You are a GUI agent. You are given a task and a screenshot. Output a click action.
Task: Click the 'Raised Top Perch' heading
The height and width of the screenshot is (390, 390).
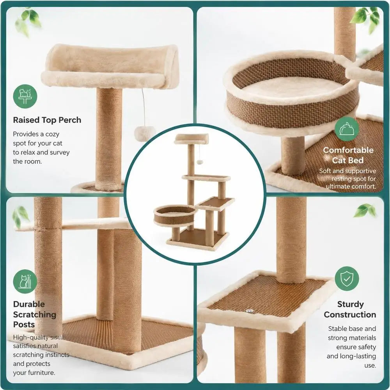click(47, 120)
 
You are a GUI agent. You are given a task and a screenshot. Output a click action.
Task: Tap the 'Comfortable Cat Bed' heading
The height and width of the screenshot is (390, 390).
click(348, 155)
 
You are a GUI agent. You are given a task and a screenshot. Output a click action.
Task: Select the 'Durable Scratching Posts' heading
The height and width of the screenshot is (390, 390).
click(35, 314)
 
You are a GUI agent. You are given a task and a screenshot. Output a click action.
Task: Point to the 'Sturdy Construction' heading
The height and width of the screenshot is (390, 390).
click(350, 309)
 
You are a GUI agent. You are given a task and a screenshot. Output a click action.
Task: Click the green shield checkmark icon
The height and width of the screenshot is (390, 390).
click(347, 278)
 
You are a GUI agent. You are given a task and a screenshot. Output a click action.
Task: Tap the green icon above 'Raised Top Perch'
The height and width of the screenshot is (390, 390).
click(25, 96)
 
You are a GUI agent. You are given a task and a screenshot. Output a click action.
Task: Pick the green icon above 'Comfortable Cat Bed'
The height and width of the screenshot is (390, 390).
click(347, 129)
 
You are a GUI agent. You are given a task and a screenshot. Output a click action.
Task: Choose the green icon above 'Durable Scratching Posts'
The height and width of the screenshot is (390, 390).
click(25, 282)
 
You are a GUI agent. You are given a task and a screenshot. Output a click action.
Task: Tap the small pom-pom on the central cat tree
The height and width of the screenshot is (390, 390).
click(200, 162)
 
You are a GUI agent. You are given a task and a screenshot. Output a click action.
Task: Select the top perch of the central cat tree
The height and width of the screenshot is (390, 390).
click(191, 138)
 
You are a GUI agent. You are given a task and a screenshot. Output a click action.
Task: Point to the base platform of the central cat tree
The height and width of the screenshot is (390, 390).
click(198, 239)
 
